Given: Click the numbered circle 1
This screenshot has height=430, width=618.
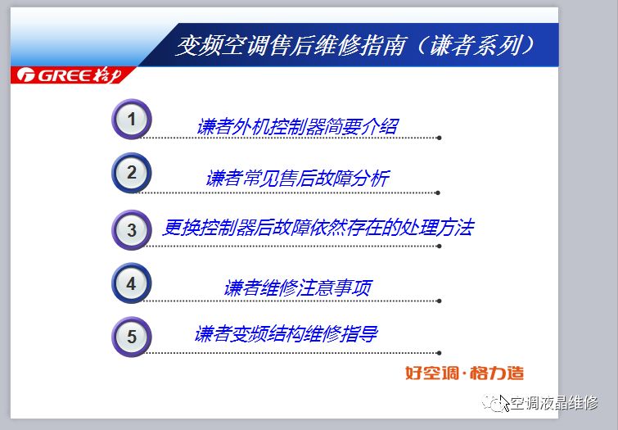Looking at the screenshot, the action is [x=132, y=119].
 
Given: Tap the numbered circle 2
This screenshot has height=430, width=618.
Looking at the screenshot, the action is [x=132, y=172].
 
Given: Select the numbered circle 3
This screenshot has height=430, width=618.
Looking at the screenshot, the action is [x=132, y=229].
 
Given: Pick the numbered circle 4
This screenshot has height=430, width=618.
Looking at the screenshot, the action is [x=132, y=283].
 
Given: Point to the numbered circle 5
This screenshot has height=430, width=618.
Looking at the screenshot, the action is [x=132, y=337].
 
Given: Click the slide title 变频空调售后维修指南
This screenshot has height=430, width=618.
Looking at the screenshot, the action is [x=291, y=45].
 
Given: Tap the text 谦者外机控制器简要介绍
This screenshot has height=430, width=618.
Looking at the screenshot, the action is [x=298, y=127].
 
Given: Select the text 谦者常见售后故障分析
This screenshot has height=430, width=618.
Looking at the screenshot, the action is [x=298, y=179].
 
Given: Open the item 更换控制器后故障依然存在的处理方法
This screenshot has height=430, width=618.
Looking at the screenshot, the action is [x=318, y=228].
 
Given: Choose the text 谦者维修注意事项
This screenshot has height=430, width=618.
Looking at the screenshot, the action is [x=298, y=287].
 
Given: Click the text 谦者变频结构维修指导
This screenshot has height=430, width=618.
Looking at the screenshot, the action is [x=286, y=333].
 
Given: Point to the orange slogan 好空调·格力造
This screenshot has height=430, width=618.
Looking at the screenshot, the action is [x=465, y=373].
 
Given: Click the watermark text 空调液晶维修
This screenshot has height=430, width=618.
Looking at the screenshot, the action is [x=554, y=403].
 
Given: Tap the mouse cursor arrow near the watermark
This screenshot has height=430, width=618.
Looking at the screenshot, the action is [x=504, y=403].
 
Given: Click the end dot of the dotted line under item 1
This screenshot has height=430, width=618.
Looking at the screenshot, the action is [x=439, y=138].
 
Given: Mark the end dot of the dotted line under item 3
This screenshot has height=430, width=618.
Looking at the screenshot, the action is [x=439, y=247].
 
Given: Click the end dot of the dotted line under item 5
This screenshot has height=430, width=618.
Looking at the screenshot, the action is [x=439, y=353].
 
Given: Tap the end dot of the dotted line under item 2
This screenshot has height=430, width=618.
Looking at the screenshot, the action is [x=438, y=193].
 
